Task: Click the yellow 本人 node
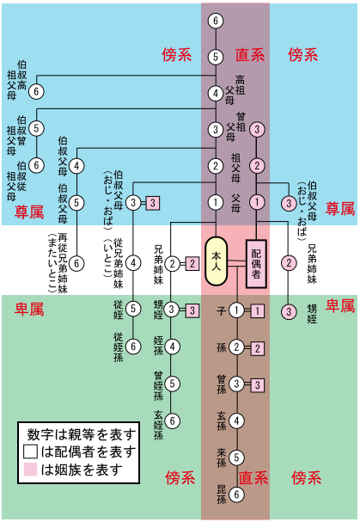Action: click(217, 261)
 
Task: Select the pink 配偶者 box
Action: click(256, 264)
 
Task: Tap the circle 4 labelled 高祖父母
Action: click(216, 93)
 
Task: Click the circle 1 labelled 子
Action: click(236, 310)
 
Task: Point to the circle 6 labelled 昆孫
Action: click(236, 494)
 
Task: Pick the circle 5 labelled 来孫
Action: click(236, 458)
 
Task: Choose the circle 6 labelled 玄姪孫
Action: click(172, 421)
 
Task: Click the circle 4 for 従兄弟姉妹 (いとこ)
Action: click(133, 263)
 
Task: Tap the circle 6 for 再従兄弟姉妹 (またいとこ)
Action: click(76, 263)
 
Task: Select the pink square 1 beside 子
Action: click(257, 311)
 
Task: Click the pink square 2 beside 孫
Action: click(257, 348)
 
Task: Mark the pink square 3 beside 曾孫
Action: click(257, 385)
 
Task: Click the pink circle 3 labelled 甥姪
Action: click(289, 311)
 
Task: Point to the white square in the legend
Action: click(30, 451)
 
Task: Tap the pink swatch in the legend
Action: click(30, 470)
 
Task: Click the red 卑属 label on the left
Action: click(29, 310)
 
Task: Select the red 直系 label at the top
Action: click(250, 54)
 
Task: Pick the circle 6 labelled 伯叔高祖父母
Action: click(36, 91)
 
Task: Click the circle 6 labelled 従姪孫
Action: click(133, 347)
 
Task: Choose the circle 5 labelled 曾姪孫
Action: click(172, 384)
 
